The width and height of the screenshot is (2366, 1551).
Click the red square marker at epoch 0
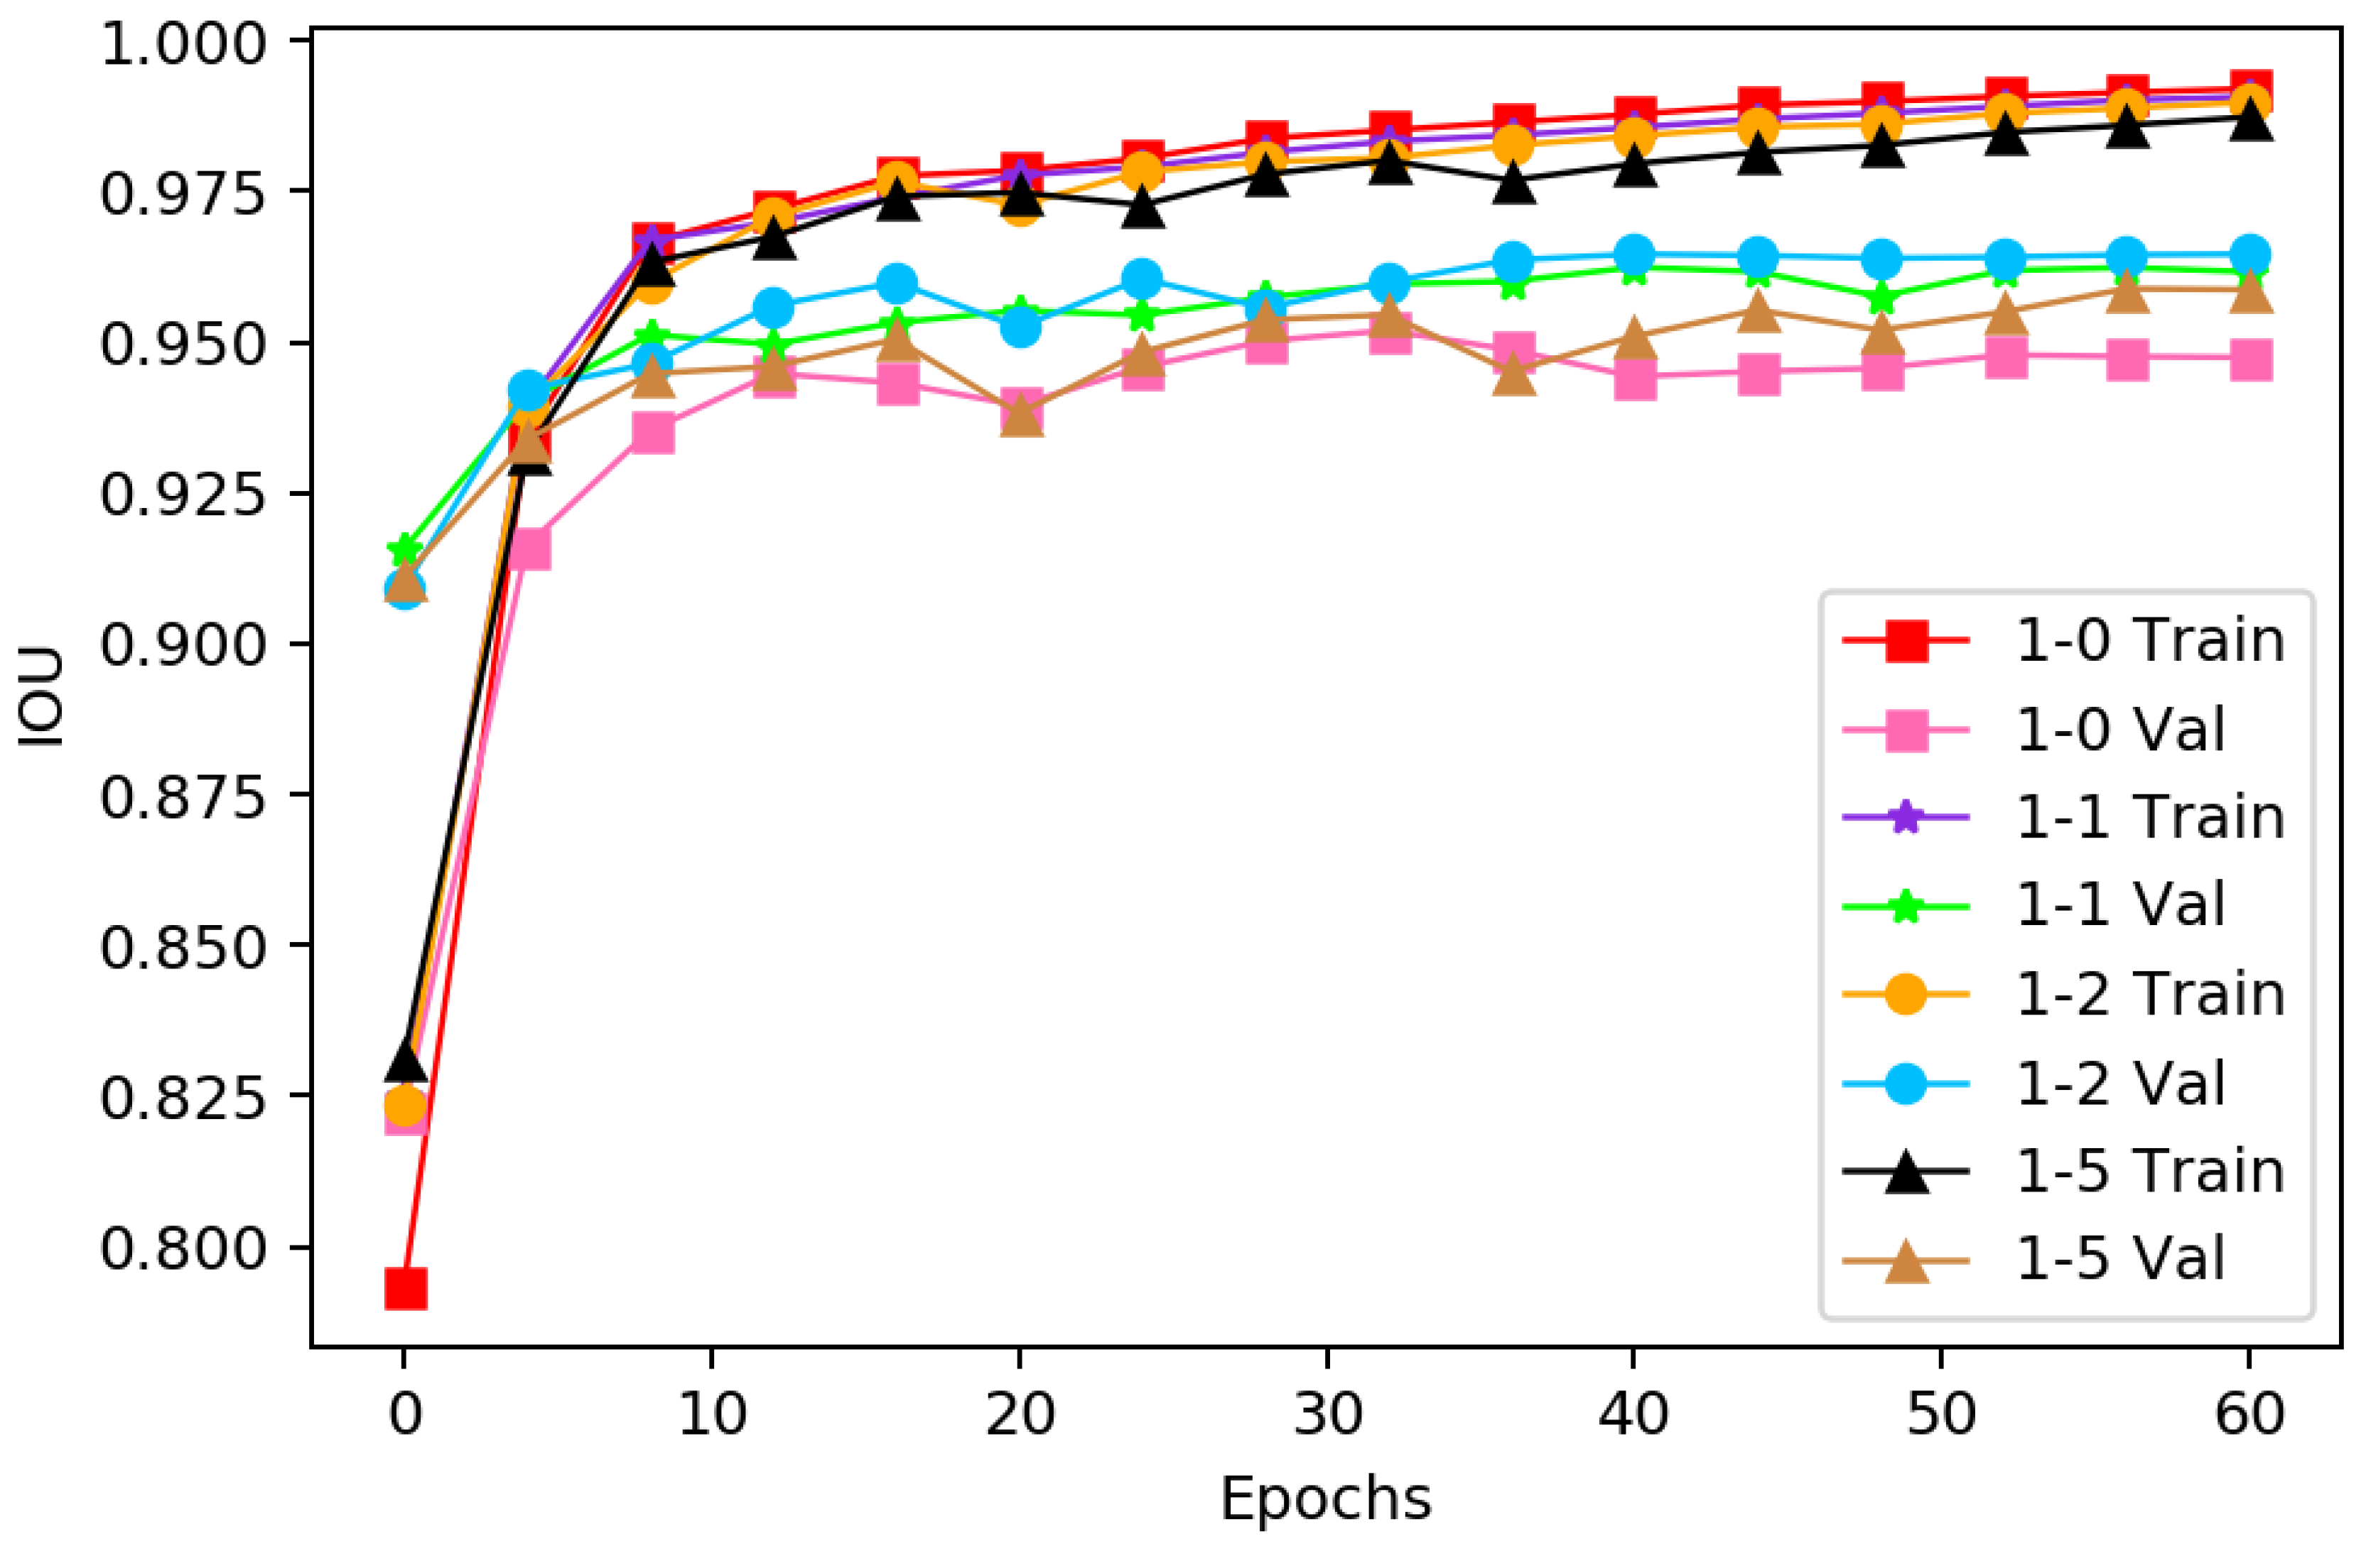pyautogui.click(x=406, y=1290)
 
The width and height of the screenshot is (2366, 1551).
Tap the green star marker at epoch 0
pyautogui.click(x=404, y=548)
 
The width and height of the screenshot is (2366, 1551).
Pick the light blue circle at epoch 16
pyautogui.click(x=897, y=283)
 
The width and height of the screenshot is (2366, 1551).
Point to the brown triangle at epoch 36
pyautogui.click(x=1513, y=376)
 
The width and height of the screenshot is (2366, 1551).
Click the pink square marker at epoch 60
pyautogui.click(x=2249, y=361)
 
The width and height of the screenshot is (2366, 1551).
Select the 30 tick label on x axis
pyautogui.click(x=1327, y=1414)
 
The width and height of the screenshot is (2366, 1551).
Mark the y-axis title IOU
pyautogui.click(x=43, y=696)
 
